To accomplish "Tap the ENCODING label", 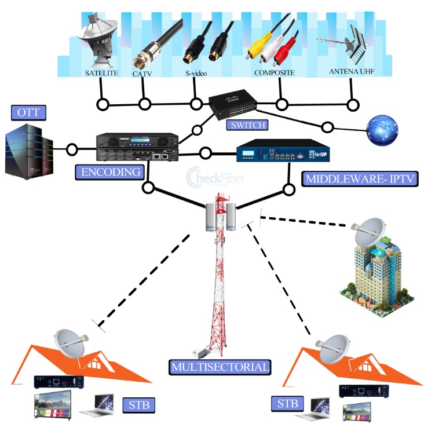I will (x=110, y=172).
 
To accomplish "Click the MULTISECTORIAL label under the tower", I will (x=220, y=367).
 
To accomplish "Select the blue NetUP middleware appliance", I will (x=277, y=153).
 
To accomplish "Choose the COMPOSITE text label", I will (x=274, y=73).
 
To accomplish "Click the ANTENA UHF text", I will (x=351, y=72).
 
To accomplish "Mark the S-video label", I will (x=196, y=74).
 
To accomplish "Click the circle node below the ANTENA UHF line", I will (x=353, y=105).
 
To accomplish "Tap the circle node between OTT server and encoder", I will (x=72, y=149).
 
